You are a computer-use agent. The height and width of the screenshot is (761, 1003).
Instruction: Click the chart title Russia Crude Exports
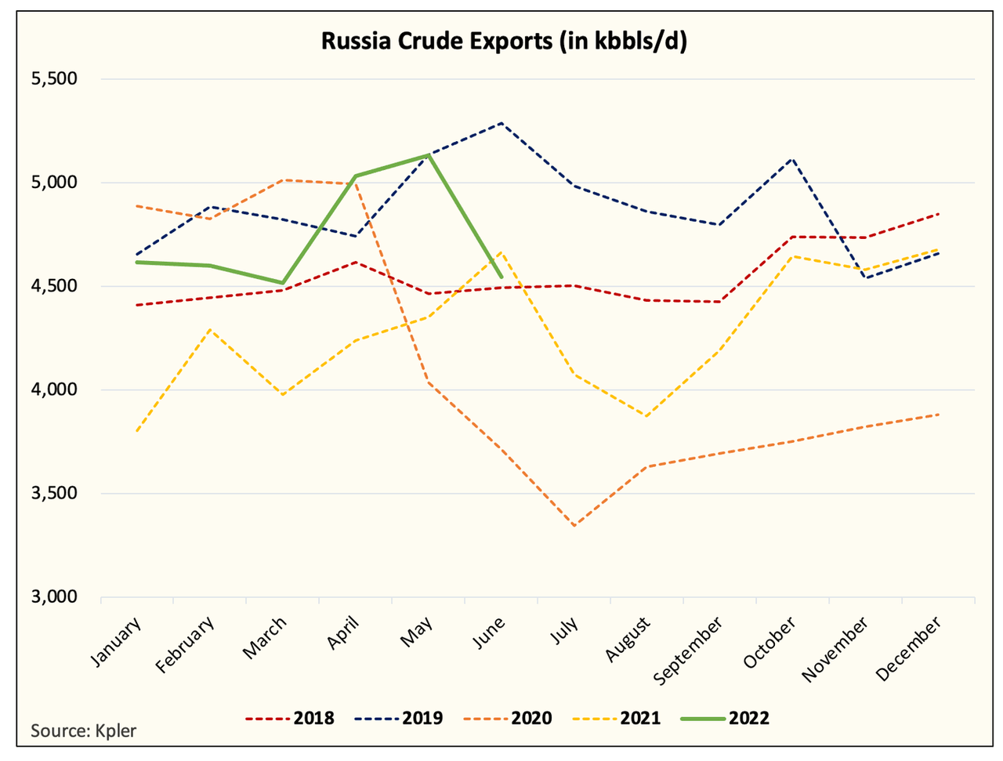504,40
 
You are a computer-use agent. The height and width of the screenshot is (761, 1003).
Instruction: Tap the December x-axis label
909,648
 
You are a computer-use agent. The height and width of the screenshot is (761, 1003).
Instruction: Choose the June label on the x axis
490,633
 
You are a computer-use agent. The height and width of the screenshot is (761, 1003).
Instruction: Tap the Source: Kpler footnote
83,731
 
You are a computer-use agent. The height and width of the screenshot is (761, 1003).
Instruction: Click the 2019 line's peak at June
501,123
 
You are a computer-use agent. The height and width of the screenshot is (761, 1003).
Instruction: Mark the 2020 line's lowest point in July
574,526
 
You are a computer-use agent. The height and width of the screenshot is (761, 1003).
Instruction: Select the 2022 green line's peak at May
429,154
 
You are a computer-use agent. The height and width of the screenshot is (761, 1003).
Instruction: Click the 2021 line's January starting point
137,431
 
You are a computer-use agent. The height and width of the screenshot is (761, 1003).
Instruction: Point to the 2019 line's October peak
793,158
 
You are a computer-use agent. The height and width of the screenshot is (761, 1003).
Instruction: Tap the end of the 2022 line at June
501,277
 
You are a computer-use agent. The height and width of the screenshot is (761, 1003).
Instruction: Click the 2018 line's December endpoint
939,214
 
